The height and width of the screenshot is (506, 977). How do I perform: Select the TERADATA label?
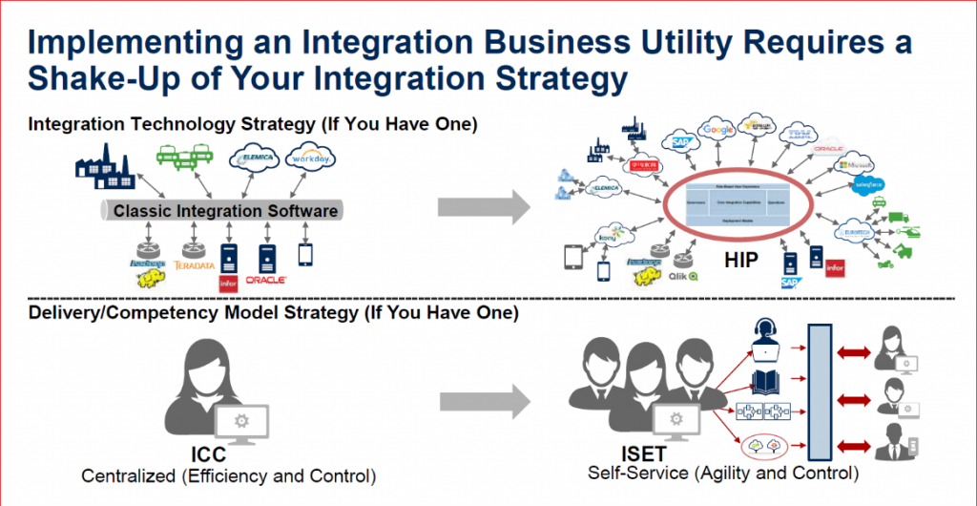click(195, 264)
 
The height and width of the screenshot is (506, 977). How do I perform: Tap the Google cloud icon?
click(717, 131)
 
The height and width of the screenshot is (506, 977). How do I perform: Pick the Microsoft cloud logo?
click(853, 164)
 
